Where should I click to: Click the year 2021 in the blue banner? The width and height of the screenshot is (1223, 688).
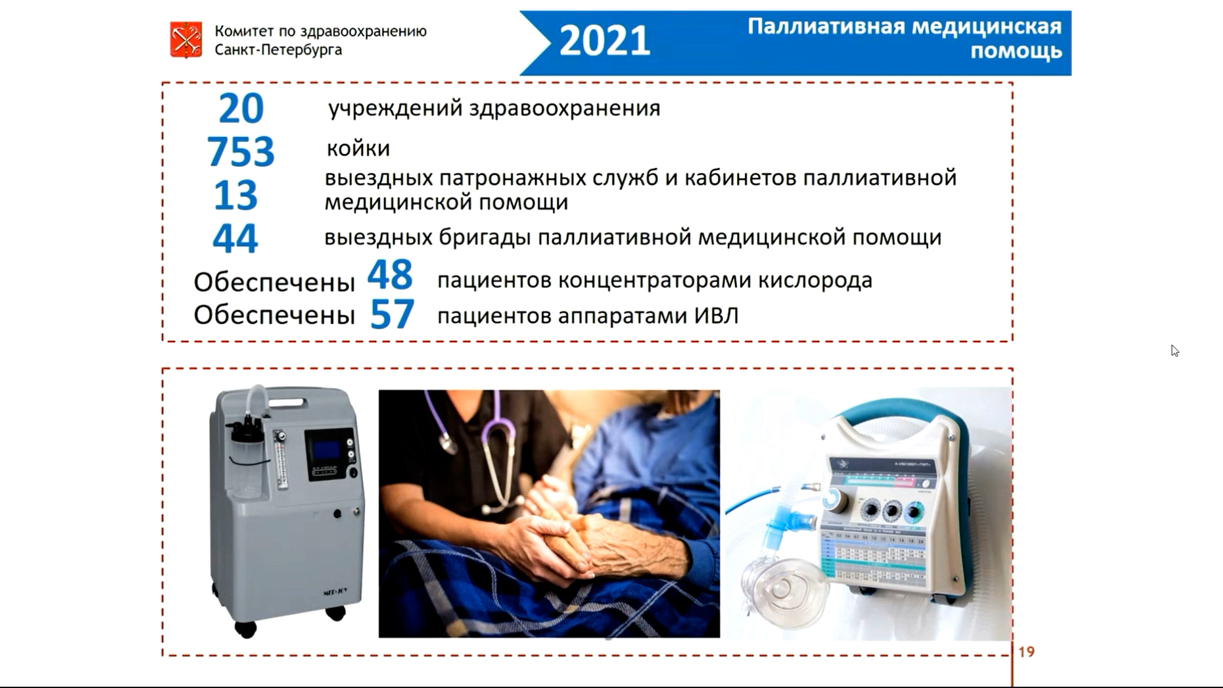pyautogui.click(x=604, y=41)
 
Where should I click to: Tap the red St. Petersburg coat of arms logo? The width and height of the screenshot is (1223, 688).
pyautogui.click(x=186, y=39)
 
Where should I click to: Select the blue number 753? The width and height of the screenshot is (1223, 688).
pyautogui.click(x=241, y=152)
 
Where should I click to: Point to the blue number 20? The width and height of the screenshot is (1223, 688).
pyautogui.click(x=241, y=108)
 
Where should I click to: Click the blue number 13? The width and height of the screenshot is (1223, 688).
pyautogui.click(x=236, y=195)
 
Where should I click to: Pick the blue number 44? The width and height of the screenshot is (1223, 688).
pyautogui.click(x=235, y=238)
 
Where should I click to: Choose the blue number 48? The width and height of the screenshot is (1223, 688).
pyautogui.click(x=390, y=275)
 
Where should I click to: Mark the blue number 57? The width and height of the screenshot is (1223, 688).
pyautogui.click(x=392, y=314)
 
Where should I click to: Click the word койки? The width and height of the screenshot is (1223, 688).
pyautogui.click(x=358, y=148)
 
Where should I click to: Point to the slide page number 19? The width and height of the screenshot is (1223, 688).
pyautogui.click(x=1027, y=652)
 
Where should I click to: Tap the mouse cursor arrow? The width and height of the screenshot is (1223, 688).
pyautogui.click(x=1175, y=350)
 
